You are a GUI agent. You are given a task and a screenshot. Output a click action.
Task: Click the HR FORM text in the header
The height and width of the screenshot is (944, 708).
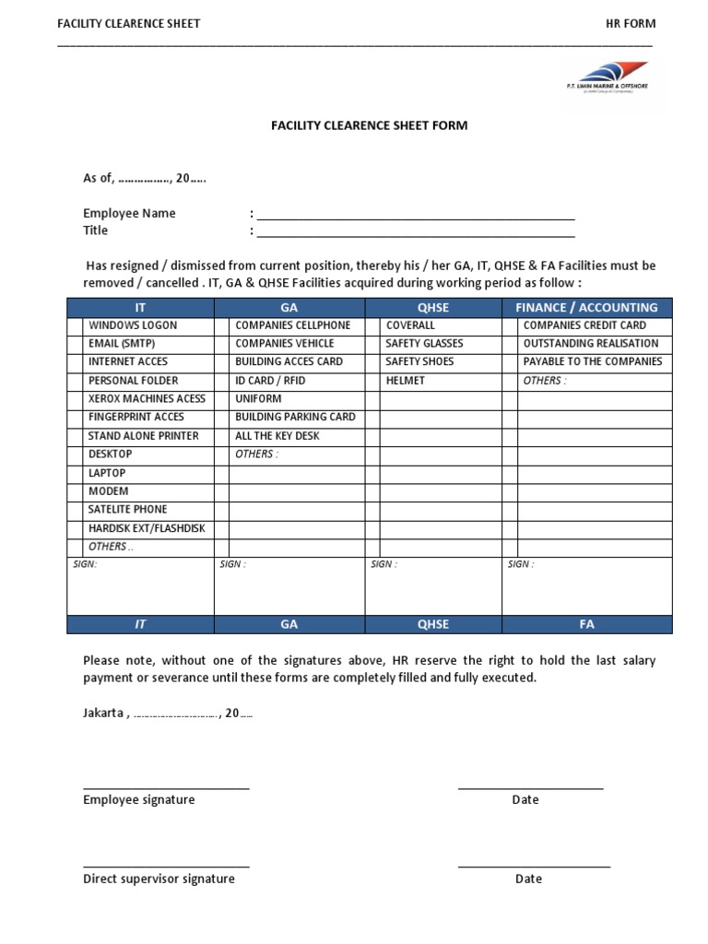tap(631, 23)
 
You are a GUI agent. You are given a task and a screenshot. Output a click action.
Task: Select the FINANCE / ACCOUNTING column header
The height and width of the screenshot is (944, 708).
tap(586, 307)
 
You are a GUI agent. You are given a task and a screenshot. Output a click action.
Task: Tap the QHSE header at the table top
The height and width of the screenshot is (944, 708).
tap(433, 307)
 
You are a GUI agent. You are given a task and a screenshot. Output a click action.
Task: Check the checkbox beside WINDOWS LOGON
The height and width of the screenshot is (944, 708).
tap(75, 325)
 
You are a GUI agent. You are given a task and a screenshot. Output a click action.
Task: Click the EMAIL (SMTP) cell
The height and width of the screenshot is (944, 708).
tap(121, 344)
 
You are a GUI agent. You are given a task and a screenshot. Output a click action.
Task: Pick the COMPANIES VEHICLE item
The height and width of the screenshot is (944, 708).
tap(285, 344)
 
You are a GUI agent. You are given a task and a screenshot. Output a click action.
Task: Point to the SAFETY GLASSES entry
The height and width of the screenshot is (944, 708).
tap(424, 344)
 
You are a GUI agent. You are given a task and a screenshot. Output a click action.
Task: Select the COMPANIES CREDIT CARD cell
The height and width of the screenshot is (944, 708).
tap(584, 325)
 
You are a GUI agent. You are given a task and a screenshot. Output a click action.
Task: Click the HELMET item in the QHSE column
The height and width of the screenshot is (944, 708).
tap(405, 381)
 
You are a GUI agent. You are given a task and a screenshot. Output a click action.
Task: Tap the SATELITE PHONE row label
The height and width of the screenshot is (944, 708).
tap(127, 510)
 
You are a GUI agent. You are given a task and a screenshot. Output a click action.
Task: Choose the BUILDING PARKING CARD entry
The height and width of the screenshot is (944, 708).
tap(295, 418)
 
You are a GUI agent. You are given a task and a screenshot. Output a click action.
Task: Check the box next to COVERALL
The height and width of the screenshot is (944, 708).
tap(372, 325)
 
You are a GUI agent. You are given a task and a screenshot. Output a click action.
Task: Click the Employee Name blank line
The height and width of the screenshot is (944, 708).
tap(415, 218)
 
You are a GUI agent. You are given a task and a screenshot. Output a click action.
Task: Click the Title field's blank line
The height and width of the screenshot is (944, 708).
tap(415, 236)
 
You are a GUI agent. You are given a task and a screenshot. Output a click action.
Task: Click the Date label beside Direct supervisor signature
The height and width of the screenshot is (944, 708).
tap(528, 879)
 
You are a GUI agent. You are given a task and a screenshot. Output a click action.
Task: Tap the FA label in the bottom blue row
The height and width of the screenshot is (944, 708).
tap(586, 624)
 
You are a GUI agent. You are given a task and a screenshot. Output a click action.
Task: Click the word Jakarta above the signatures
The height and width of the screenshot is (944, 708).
tap(103, 714)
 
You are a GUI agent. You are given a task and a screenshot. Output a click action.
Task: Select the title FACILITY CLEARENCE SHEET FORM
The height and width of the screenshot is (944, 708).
tap(369, 125)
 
